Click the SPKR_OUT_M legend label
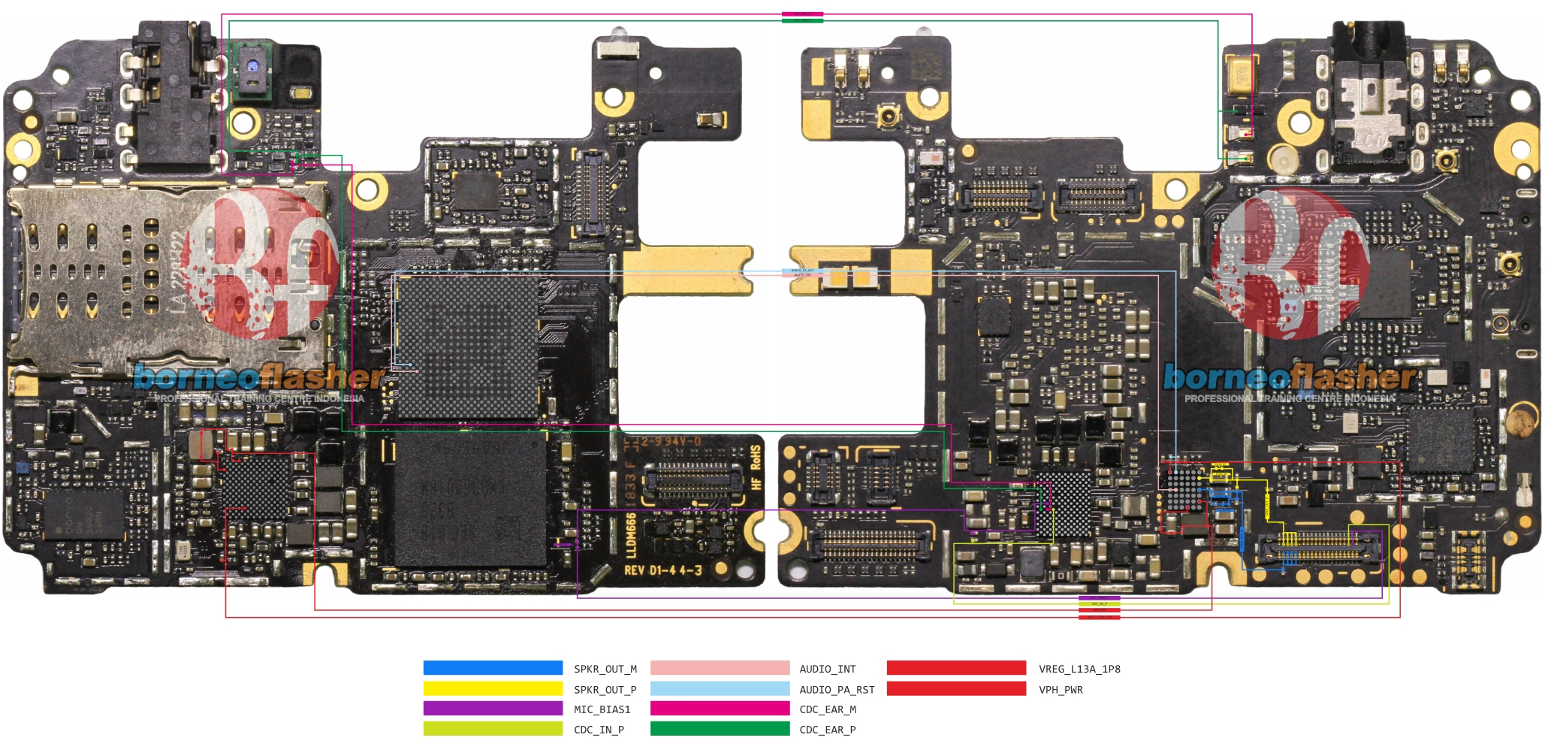[x=605, y=669]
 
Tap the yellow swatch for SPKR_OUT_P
[x=493, y=688]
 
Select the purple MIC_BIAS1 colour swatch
[x=493, y=709]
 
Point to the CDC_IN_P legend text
[x=599, y=730]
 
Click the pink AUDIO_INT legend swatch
[x=720, y=668]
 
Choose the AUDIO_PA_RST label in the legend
[x=837, y=690]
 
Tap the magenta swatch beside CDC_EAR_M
[x=720, y=709]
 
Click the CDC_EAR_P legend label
[x=827, y=730]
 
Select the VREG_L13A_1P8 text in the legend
[x=1079, y=669]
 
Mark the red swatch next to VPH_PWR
[x=956, y=688]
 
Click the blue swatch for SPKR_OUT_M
[x=493, y=668]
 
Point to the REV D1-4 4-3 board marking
[x=662, y=570]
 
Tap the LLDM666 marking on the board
[x=632, y=534]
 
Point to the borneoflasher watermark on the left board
[x=259, y=378]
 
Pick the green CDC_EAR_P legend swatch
[x=720, y=729]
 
